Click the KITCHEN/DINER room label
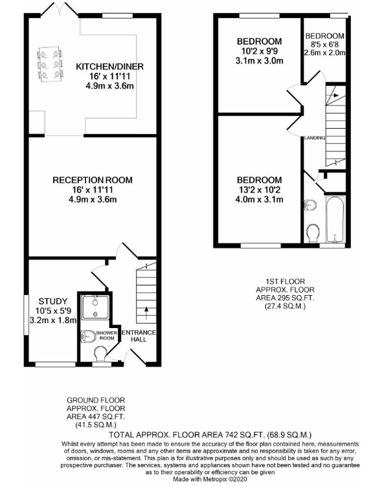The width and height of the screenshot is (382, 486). coord(109,66)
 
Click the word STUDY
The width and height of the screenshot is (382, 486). coord(52,300)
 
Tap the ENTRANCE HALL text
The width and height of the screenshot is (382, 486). coord(140,336)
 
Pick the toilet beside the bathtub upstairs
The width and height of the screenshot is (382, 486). coord(313,232)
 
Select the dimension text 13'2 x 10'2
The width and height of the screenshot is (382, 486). coord(259,190)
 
